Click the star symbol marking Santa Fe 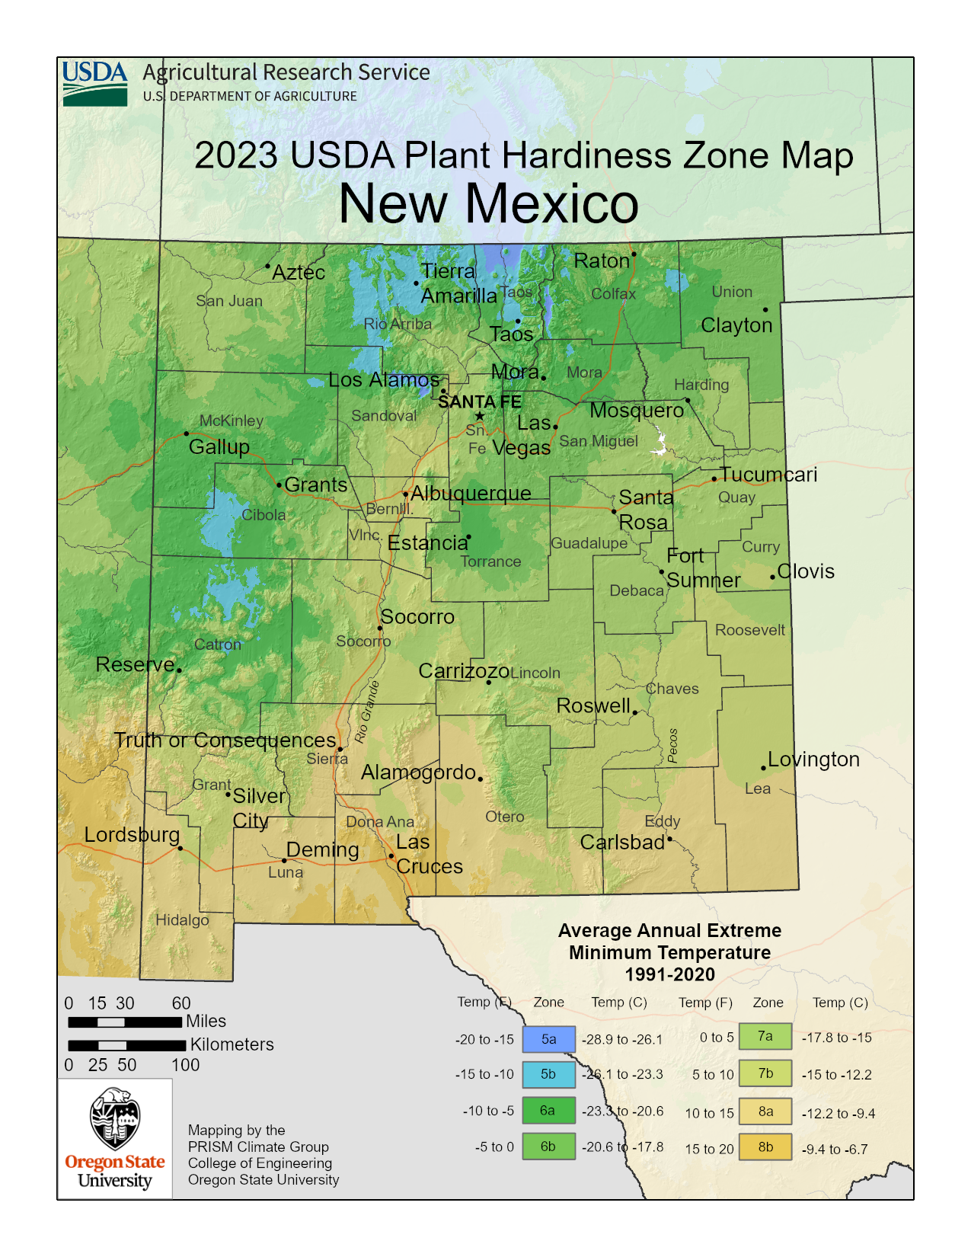coord(480,415)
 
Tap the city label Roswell coord(593,705)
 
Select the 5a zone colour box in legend coord(548,1039)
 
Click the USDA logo coord(95,83)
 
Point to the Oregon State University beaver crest coord(115,1118)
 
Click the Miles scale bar coord(125,1022)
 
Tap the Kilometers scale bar coord(126,1045)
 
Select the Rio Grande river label coord(367,712)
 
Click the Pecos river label coord(672,745)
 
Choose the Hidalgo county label coord(182,920)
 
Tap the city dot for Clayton coord(765,309)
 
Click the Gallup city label coord(219,447)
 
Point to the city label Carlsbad coord(622,843)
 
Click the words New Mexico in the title coord(488,203)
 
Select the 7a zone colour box coord(765,1036)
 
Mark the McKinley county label coord(232,421)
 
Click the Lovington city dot coord(763,768)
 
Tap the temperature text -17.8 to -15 coord(836,1038)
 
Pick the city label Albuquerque coord(471,493)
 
